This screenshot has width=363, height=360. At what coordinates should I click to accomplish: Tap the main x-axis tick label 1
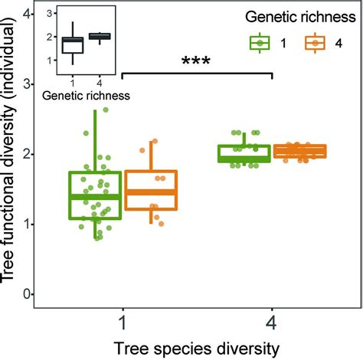[123, 319]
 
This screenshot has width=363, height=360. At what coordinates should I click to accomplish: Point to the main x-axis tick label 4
[273, 319]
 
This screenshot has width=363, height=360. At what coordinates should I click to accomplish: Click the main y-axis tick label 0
[28, 294]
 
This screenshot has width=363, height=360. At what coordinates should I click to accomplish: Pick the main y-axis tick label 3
[28, 83]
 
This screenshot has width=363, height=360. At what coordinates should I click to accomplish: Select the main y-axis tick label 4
[28, 14]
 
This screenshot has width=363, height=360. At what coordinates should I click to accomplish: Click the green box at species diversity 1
[95, 195]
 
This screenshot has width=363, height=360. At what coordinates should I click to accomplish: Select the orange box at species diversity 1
[151, 190]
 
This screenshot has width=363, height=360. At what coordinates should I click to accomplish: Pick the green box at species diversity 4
[244, 154]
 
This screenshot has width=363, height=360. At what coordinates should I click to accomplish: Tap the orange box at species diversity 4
[300, 151]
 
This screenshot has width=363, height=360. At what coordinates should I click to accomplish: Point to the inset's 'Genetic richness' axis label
[85, 96]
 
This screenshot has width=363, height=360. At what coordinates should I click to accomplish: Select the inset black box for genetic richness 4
[100, 36]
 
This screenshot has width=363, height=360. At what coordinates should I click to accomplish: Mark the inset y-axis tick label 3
[50, 14]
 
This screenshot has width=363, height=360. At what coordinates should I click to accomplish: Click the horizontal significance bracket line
[197, 74]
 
